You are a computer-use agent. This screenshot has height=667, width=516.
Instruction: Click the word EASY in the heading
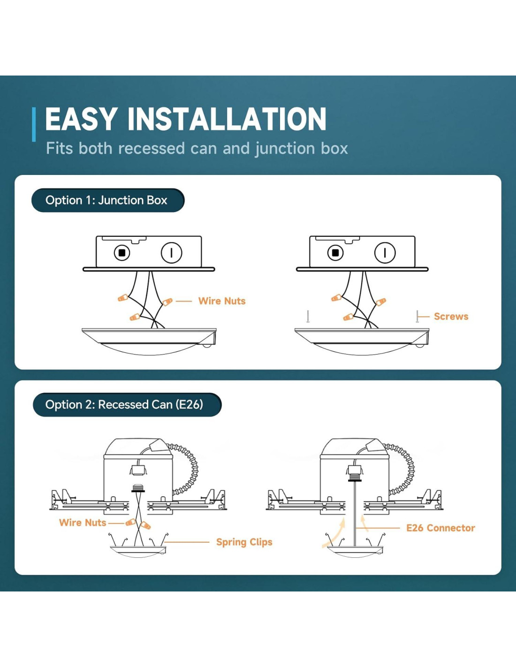click(x=81, y=119)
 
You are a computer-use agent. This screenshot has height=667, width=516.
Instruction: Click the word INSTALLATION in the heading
click(x=227, y=119)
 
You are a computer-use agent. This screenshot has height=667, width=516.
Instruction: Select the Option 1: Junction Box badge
click(x=108, y=200)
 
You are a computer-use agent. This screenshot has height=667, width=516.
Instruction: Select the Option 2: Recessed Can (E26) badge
click(x=127, y=404)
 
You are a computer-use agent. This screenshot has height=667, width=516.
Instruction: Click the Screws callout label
click(x=451, y=317)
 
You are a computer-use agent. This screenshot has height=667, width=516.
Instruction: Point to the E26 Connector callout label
click(x=440, y=528)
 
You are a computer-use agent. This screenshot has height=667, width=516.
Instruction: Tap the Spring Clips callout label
click(x=244, y=542)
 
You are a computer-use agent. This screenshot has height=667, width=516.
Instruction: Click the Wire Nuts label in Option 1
click(x=221, y=301)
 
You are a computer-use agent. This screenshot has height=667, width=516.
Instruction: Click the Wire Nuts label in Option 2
click(x=83, y=523)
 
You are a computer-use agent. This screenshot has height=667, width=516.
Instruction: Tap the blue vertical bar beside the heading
click(x=34, y=124)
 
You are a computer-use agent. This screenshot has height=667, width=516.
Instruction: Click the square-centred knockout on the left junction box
click(x=122, y=253)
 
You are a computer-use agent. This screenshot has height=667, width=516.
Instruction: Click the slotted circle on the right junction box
click(x=385, y=253)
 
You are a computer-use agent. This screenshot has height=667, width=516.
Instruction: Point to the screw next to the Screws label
click(x=417, y=317)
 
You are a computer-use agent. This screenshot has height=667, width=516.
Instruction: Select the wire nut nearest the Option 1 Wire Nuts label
click(x=167, y=302)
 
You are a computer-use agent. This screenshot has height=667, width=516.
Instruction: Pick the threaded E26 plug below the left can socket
click(x=138, y=488)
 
